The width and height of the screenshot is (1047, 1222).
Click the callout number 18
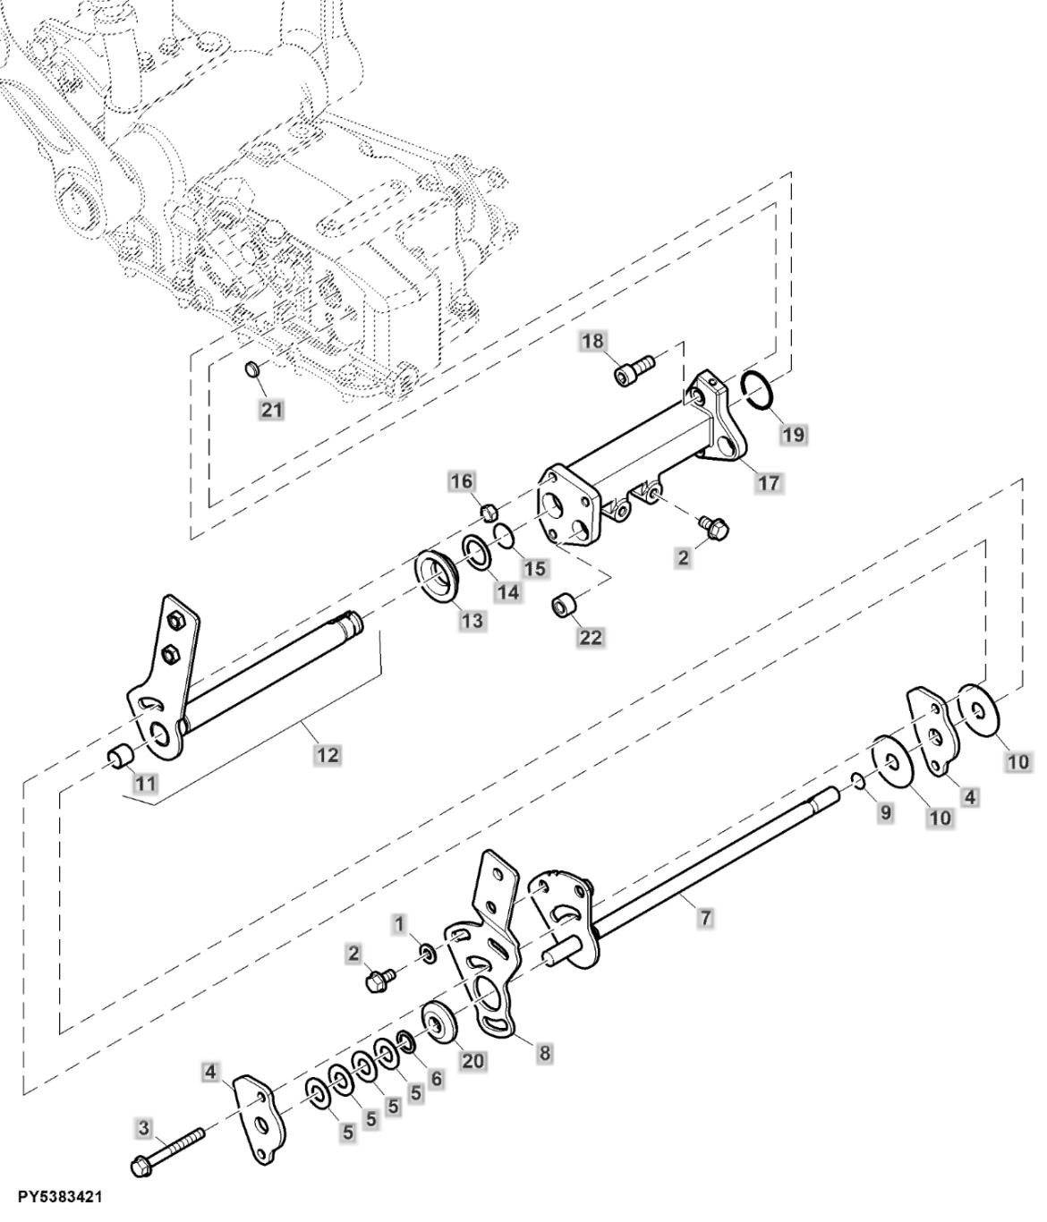592,341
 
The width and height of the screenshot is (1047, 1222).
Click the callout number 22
591,637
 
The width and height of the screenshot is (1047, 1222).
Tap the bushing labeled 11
120,756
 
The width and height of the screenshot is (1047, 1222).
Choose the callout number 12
328,754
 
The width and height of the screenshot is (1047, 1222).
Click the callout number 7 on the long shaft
705,918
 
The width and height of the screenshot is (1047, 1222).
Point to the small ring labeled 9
857,783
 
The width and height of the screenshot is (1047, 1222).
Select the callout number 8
544,1053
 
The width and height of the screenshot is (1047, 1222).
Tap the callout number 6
436,1079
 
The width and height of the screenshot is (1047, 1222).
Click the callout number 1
399,921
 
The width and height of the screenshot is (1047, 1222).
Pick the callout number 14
508,592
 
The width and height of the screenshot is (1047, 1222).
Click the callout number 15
535,567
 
